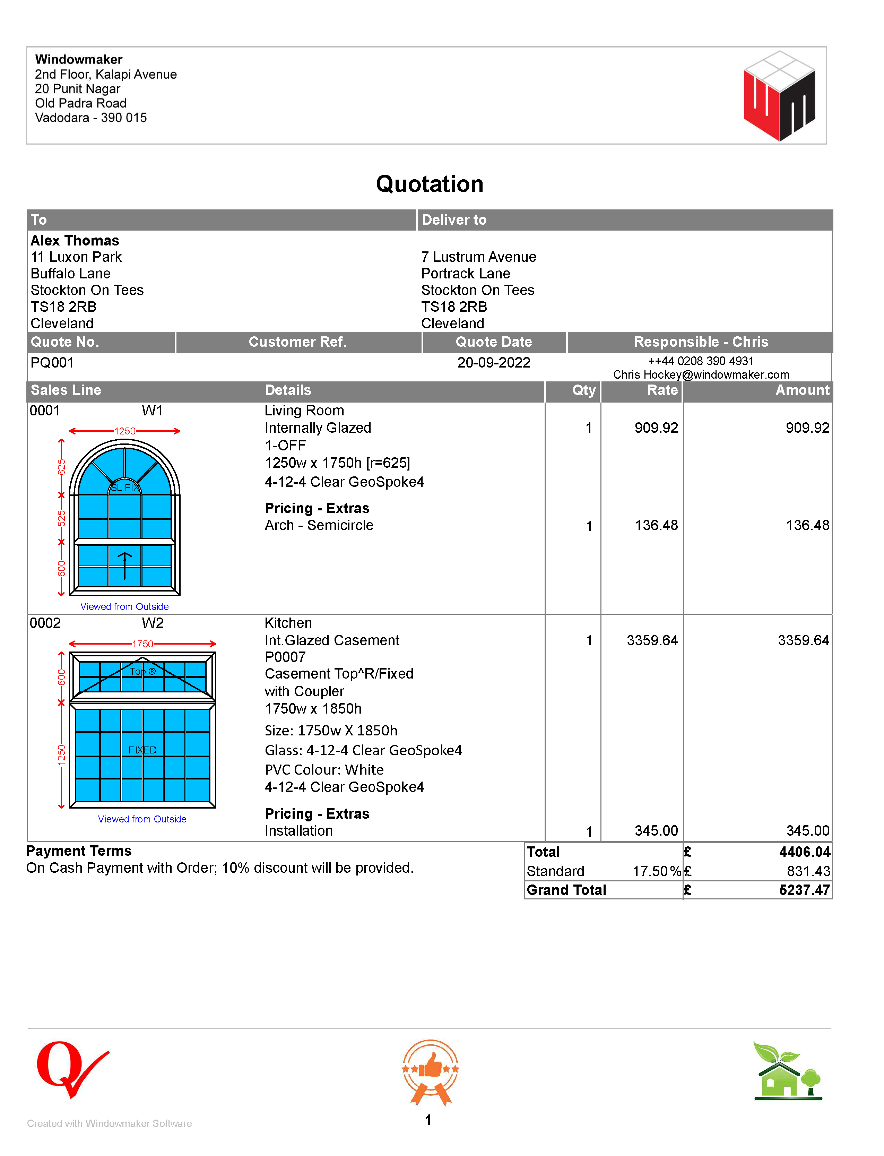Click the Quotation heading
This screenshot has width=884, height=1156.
point(430,184)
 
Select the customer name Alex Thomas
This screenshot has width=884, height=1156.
point(75,241)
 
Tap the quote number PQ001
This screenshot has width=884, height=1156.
point(52,363)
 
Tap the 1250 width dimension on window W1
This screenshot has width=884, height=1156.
point(125,431)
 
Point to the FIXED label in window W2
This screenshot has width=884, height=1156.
point(142,750)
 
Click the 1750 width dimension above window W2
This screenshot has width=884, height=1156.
point(142,644)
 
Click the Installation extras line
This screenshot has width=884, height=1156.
point(298,831)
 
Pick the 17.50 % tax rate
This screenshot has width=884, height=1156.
point(656,871)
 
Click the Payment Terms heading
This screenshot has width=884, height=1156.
point(79,851)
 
